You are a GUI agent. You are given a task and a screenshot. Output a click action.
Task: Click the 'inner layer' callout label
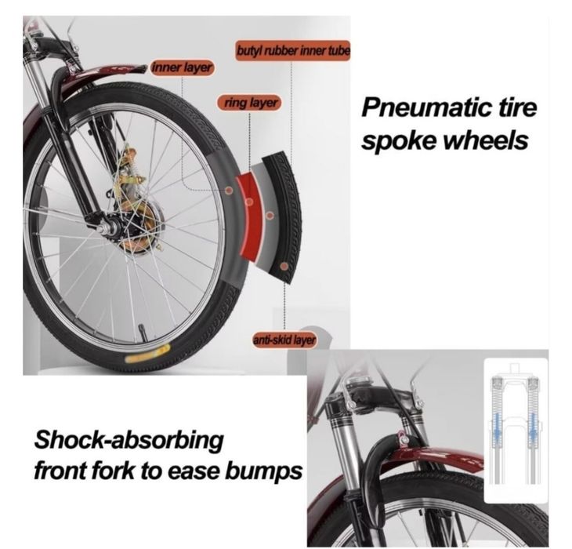[182, 67]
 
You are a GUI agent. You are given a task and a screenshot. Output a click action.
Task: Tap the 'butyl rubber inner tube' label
[293, 50]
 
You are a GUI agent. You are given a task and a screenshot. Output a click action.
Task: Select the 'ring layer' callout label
[250, 103]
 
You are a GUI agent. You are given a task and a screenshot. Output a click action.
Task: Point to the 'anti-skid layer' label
[284, 340]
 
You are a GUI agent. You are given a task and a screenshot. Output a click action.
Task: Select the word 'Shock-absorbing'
[129, 440]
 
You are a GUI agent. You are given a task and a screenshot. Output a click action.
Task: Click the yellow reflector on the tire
[147, 353]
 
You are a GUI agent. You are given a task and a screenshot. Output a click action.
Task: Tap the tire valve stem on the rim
[143, 333]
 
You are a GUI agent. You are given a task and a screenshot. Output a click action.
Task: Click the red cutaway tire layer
[251, 216]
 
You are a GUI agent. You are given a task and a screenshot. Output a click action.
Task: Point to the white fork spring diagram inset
[516, 431]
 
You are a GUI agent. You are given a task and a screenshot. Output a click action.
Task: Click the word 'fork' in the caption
[117, 471]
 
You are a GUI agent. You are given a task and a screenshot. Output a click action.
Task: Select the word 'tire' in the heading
[517, 108]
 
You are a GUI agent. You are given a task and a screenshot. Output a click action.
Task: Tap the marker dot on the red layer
[249, 202]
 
